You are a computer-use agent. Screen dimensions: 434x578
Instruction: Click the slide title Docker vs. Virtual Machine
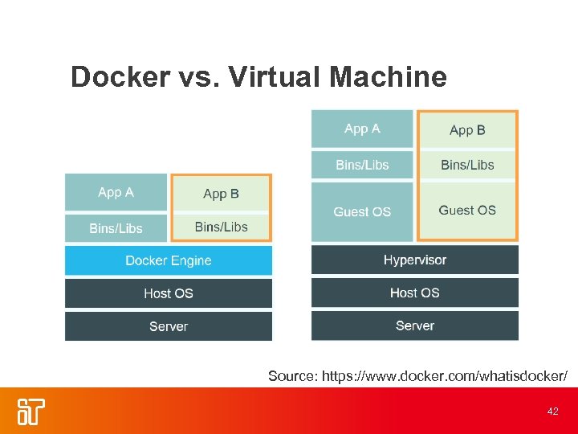coord(258,77)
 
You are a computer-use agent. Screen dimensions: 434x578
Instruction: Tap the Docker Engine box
coord(169,260)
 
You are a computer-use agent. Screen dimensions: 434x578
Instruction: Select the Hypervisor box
coord(414,260)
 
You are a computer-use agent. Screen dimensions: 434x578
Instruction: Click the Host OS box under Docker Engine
coord(169,293)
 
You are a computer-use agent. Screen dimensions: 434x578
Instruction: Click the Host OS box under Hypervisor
coord(414,293)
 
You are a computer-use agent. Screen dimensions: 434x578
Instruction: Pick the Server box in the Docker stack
coord(169,326)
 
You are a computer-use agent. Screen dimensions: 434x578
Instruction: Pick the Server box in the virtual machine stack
coord(414,325)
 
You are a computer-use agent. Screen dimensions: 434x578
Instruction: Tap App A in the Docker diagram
coord(116,193)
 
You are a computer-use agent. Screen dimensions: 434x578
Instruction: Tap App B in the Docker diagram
coord(221,194)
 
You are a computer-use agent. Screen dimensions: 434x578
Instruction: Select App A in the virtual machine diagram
coord(362,129)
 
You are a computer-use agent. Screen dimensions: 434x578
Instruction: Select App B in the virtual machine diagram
coord(467,130)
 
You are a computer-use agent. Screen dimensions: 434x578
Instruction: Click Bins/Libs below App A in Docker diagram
coord(116,228)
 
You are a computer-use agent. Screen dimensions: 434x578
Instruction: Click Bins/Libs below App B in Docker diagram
coord(221,227)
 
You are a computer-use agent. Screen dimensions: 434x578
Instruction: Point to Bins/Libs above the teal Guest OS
coord(362,165)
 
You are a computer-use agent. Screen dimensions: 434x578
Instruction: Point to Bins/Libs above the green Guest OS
coord(467,165)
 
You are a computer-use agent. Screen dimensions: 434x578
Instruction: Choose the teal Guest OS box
coord(362,211)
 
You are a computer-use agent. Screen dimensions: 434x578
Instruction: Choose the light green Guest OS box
coord(467,210)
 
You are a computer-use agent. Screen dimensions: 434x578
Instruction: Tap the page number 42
coord(552,411)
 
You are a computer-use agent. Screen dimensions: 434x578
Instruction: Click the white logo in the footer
coord(31,411)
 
